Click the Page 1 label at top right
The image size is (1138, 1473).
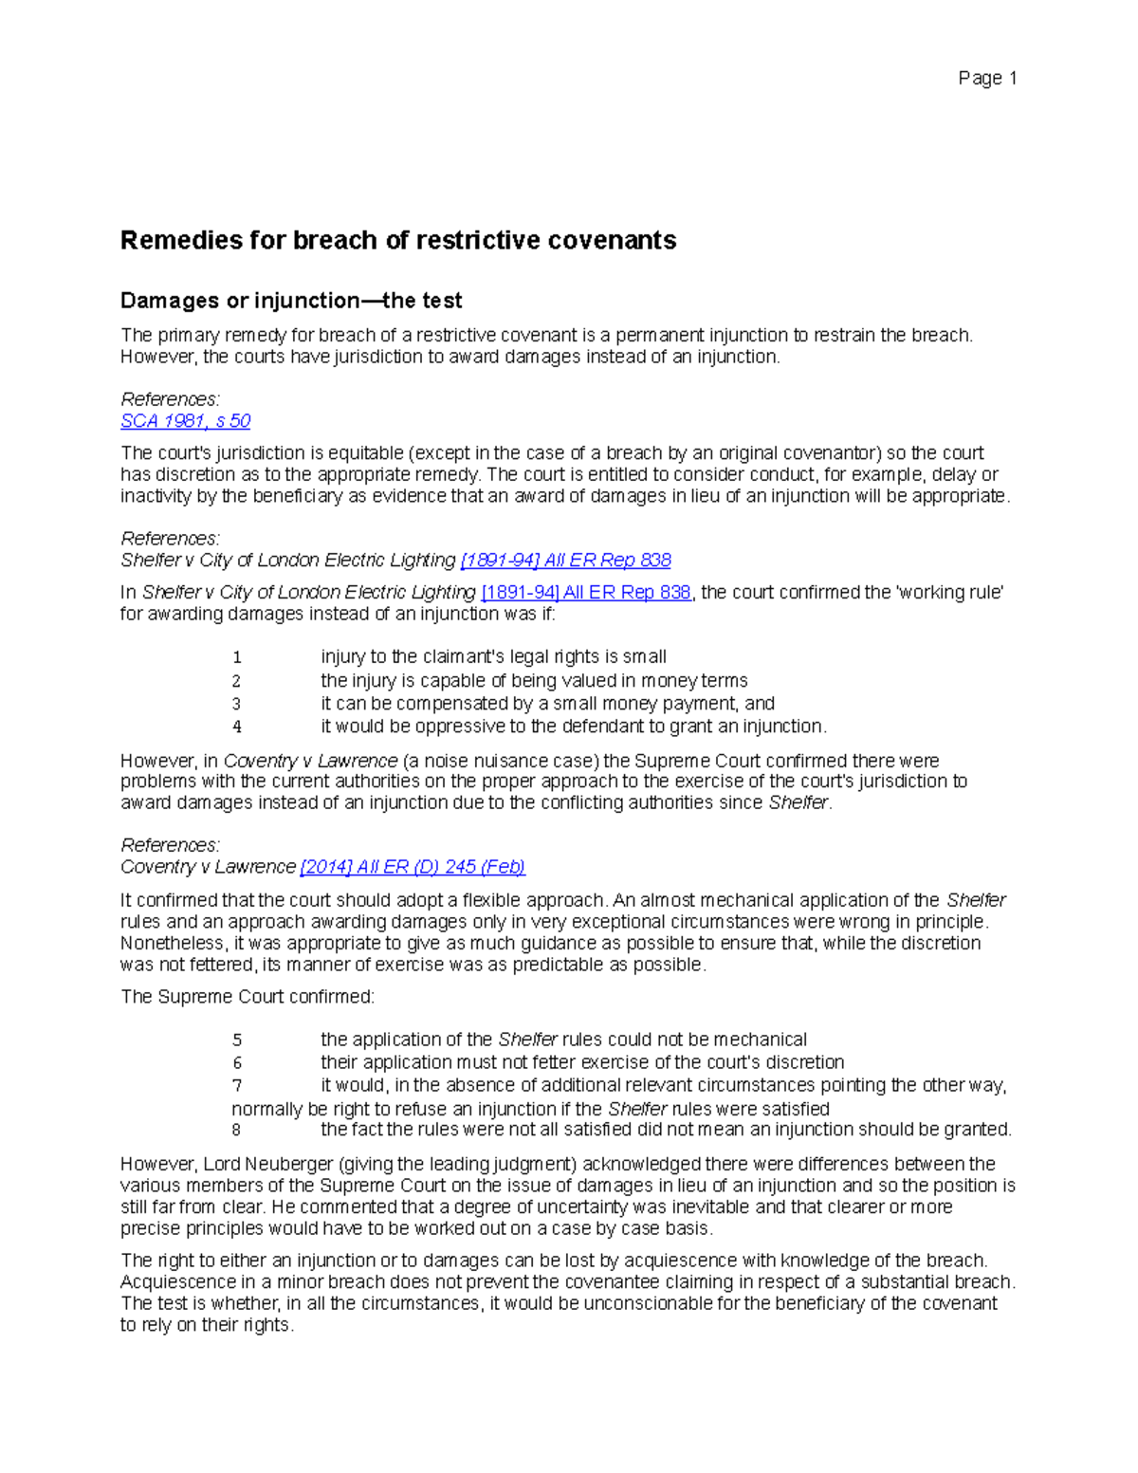[x=987, y=79]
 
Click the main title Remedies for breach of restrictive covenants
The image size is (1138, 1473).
[x=398, y=241]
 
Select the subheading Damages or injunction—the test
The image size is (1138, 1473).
[x=291, y=301]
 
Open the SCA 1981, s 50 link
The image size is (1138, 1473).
[x=186, y=421]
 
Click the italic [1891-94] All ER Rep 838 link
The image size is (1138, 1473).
[x=565, y=561]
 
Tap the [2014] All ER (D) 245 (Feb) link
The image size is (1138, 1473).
[x=413, y=867]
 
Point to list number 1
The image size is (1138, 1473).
[x=237, y=657]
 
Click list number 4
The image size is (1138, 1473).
[x=237, y=727]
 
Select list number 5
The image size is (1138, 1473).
[x=237, y=1040]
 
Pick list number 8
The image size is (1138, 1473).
[x=236, y=1131]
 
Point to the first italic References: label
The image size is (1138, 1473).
[x=171, y=399]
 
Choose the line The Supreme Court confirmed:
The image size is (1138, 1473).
[x=248, y=998]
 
